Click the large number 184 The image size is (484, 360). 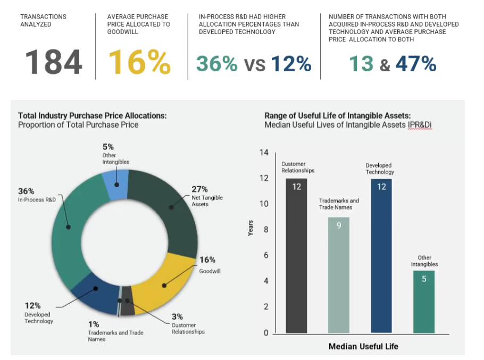coord(54,62)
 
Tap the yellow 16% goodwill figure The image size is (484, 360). coord(139,62)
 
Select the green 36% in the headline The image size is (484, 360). coord(217,64)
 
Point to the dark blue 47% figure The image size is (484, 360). coord(415,64)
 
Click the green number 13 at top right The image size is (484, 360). coord(361,64)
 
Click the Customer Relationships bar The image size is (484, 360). coord(296,256)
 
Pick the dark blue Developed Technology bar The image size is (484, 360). coord(381,256)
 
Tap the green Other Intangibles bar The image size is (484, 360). coord(424,302)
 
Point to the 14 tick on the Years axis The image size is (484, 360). coord(264,153)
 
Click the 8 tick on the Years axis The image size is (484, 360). coord(265,230)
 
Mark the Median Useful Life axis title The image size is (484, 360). coord(363,346)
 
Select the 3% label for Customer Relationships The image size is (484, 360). coord(177,316)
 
